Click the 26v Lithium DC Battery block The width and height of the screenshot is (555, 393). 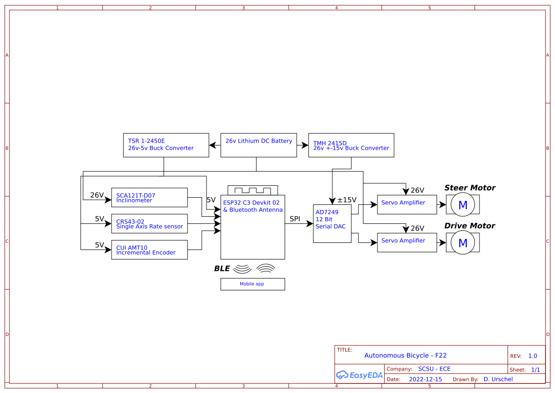259,145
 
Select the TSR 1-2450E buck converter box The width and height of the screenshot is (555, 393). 166,145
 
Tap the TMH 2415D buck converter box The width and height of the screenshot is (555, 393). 351,145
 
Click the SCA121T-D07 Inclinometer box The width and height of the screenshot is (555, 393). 150,198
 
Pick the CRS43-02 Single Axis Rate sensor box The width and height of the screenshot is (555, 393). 150,224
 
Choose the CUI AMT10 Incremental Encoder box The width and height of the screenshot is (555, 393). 150,250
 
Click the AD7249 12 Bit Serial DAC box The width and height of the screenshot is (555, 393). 332,223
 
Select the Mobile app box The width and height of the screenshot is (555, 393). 253,284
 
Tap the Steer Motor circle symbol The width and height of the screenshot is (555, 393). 462,205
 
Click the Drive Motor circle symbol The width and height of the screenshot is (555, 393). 462,243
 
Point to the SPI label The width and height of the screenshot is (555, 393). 295,219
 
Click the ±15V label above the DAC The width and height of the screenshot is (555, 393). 347,200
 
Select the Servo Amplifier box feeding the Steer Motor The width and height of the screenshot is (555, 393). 407,204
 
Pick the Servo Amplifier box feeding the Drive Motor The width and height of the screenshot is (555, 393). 407,242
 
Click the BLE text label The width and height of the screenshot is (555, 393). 222,269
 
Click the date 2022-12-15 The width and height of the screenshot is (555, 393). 425,379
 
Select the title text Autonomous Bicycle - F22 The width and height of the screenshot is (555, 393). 405,355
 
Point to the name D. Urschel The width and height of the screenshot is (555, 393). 498,379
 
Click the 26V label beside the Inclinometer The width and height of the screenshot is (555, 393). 97,195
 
